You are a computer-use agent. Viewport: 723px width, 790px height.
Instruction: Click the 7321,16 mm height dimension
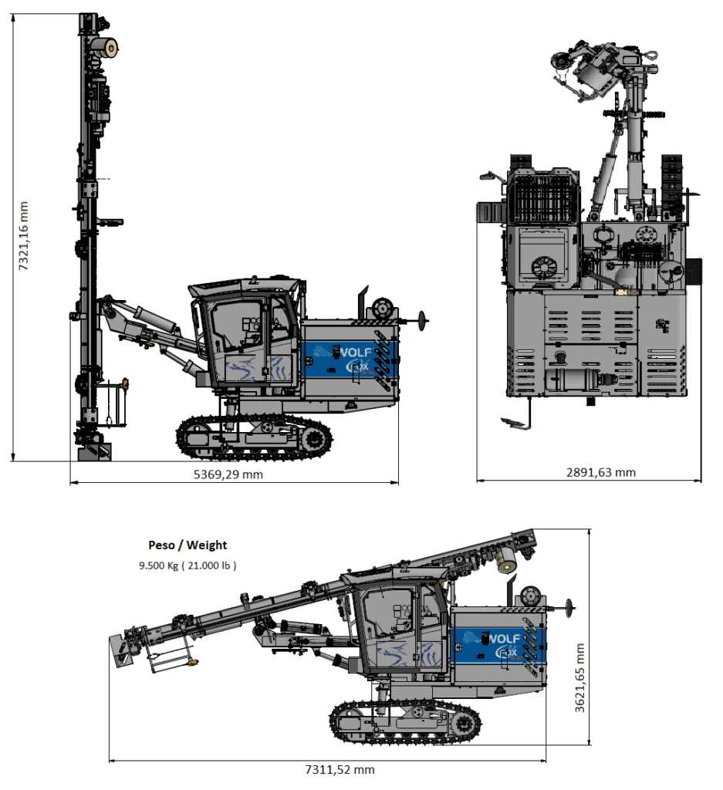tap(24, 235)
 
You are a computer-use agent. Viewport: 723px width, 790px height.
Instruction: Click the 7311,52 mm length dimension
tap(340, 769)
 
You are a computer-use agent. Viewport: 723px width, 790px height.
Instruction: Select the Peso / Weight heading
tap(188, 545)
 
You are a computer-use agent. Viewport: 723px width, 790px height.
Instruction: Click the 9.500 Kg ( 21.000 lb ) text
tap(188, 565)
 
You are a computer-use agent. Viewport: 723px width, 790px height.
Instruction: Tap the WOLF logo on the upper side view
tap(354, 353)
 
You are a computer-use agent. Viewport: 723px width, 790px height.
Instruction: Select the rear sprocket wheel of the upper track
tap(314, 439)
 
